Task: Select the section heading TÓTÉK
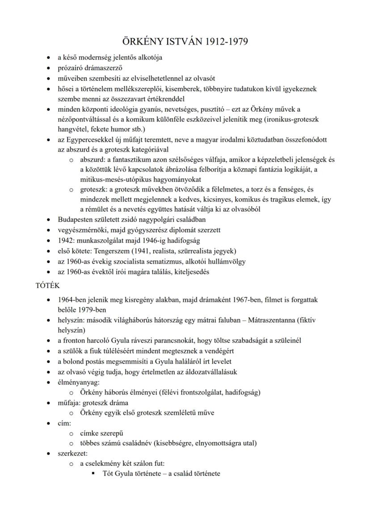tap(48, 286)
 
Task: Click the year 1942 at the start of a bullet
tap(66, 240)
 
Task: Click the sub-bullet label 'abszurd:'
tap(92, 159)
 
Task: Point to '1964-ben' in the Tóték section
tap(71, 300)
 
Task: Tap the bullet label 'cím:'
tap(64, 423)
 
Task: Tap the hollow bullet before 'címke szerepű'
tap(71, 433)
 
